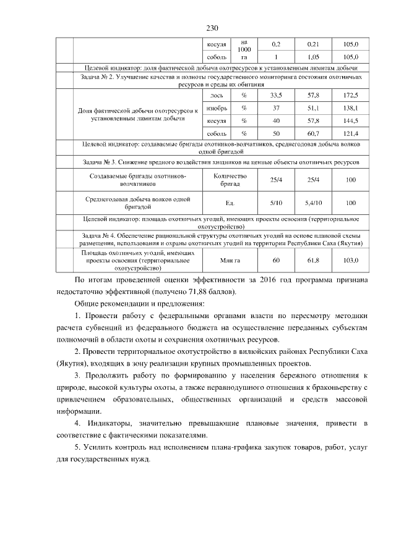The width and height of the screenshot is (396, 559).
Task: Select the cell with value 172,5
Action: click(351, 95)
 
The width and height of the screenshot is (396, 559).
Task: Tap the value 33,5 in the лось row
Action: click(276, 95)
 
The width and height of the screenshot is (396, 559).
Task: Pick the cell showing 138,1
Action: click(351, 107)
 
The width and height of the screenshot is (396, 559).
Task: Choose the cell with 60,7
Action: click(313, 133)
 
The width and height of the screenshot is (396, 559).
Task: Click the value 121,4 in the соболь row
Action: click(351, 133)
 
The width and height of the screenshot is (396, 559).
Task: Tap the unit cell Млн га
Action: click(230, 261)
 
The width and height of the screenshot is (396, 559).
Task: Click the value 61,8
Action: click(313, 261)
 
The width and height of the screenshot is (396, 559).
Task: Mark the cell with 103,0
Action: click(351, 261)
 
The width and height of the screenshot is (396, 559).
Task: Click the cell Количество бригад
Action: click(230, 180)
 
